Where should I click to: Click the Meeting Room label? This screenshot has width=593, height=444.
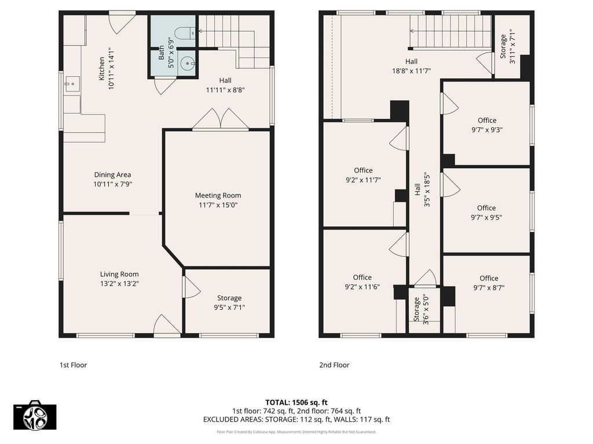click(x=218, y=195)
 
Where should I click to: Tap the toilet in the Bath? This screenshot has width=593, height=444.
click(x=186, y=33)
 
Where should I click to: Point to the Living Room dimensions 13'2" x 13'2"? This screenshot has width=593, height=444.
click(x=119, y=284)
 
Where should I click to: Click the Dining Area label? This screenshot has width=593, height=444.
click(x=113, y=175)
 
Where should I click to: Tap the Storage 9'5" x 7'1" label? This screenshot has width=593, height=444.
click(x=229, y=303)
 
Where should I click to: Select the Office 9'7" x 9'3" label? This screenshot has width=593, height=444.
click(x=487, y=125)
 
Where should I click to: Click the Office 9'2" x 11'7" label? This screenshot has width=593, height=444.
click(x=364, y=175)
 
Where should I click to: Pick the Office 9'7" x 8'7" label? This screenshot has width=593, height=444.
click(x=489, y=283)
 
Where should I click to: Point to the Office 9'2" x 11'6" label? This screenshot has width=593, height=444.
click(x=363, y=282)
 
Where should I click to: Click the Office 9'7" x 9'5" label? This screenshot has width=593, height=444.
click(x=486, y=213)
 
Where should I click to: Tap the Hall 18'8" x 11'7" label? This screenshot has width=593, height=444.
click(x=412, y=66)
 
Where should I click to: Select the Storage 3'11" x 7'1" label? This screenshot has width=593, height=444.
click(x=507, y=46)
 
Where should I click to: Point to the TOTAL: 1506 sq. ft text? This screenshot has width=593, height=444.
click(x=296, y=402)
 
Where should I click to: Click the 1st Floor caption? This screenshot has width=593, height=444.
click(x=74, y=365)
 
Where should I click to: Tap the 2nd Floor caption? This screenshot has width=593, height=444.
click(x=334, y=365)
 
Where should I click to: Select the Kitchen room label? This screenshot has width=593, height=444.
click(x=102, y=68)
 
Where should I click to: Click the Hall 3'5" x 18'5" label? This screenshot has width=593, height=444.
click(x=422, y=190)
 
